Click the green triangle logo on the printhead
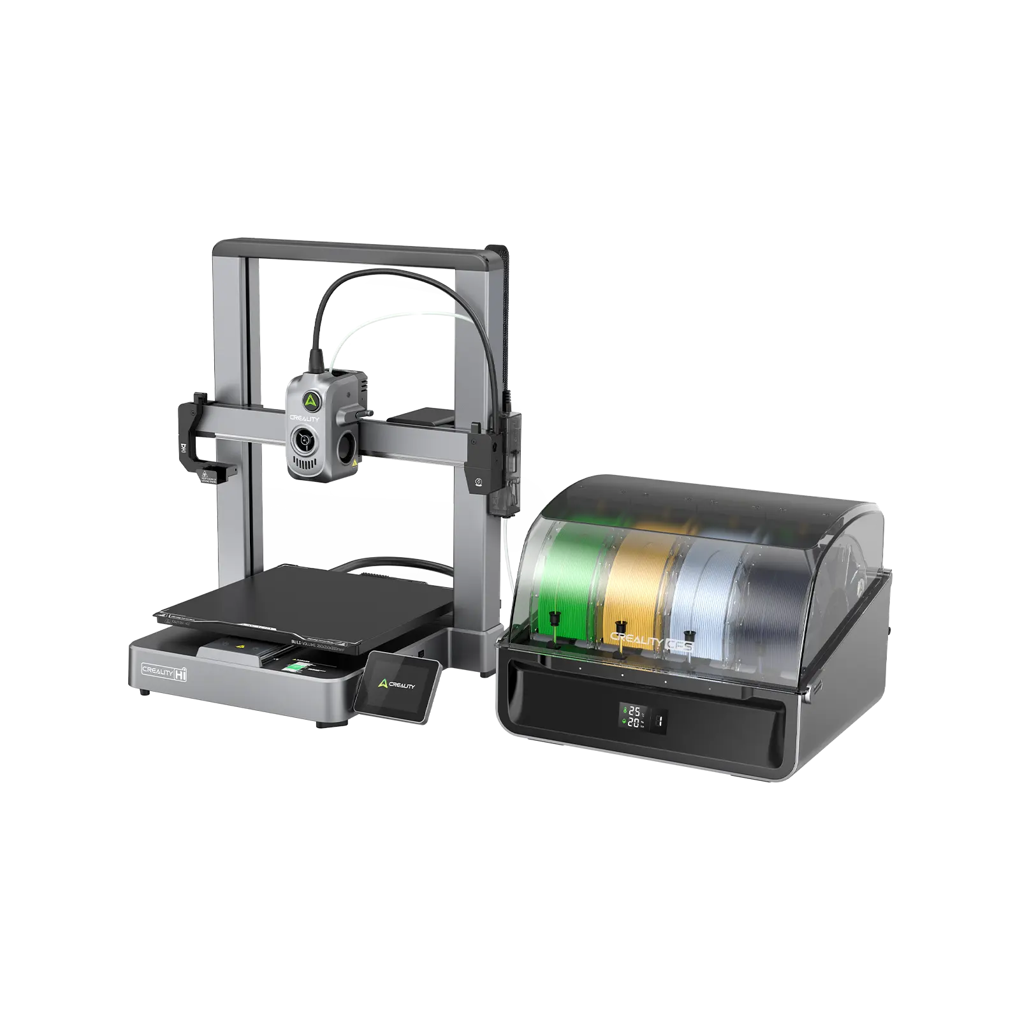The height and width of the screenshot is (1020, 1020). point(310,400)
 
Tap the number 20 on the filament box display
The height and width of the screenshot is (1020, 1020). point(635,722)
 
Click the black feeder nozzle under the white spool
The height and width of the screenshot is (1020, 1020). point(689,636)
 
